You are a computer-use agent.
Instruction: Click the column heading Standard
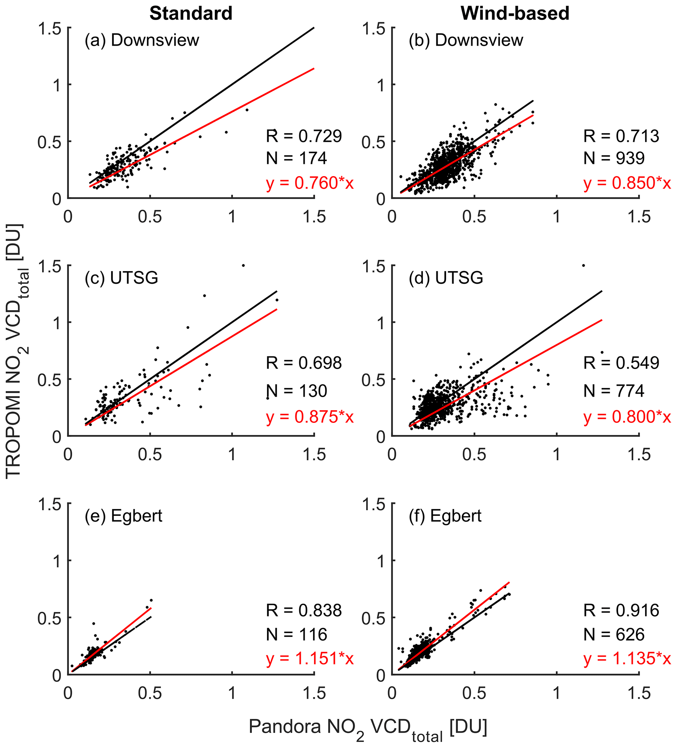(x=191, y=14)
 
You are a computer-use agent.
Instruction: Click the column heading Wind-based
(x=515, y=14)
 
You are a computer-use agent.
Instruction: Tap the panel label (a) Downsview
(x=142, y=40)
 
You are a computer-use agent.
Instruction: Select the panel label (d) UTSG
(x=446, y=277)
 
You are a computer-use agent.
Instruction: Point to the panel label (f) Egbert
(x=445, y=516)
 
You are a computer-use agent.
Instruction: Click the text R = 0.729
(x=304, y=136)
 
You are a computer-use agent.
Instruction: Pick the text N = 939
(x=614, y=159)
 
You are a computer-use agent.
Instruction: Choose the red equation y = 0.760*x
(x=310, y=183)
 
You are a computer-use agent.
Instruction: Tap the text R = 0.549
(x=621, y=363)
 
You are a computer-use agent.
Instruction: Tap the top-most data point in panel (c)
(x=243, y=265)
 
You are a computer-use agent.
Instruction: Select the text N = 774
(x=614, y=391)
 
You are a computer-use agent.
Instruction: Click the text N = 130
(x=296, y=391)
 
